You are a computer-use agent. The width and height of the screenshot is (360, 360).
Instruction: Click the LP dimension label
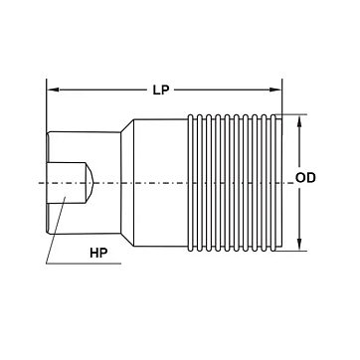[x=161, y=90]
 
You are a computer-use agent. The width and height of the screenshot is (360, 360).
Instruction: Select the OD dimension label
[x=305, y=178]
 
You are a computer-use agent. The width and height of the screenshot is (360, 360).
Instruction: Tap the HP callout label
[x=98, y=253]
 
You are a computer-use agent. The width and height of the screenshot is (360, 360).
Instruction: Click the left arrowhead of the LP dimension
[x=53, y=90]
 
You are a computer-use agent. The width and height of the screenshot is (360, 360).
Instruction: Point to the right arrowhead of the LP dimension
[x=275, y=90]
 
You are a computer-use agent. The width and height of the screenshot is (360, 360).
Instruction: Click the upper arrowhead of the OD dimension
[x=299, y=121]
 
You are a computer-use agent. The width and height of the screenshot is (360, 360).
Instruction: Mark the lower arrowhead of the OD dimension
[x=299, y=245]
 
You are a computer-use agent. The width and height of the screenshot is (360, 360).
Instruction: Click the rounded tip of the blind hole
[x=90, y=183]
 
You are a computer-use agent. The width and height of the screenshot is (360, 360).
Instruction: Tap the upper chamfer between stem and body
[x=127, y=125]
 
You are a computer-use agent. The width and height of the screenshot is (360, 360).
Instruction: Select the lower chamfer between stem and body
[x=127, y=240]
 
